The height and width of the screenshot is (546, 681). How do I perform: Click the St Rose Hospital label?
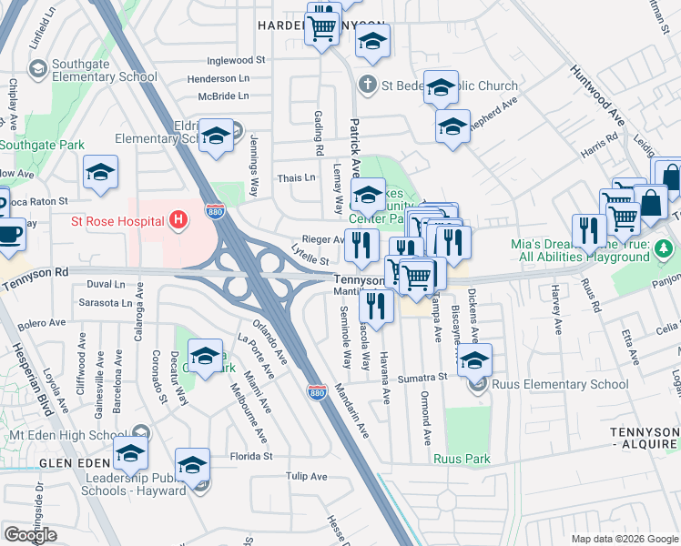pos(117,221)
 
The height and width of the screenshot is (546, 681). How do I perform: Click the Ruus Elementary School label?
pos(560,384)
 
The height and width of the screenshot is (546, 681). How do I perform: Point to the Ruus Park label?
pos(462,459)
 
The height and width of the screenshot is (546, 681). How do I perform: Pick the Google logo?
pos(30,535)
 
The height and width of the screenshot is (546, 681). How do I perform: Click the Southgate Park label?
pos(42,145)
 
